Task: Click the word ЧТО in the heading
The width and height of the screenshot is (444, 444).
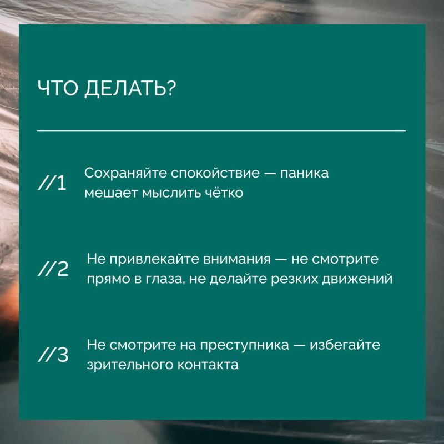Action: coord(58,88)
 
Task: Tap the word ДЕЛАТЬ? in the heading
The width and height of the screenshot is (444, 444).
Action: coord(130,89)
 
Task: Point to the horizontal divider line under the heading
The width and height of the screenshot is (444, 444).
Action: coord(221,131)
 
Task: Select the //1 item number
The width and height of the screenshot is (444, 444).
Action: coord(52,183)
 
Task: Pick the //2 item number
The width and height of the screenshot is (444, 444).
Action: coord(53,269)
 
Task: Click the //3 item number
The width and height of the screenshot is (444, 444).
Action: coord(53,355)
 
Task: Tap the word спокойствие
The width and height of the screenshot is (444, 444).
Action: coord(215,174)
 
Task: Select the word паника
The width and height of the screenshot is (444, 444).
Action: coord(304,173)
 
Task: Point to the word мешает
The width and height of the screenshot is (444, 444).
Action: coord(111,193)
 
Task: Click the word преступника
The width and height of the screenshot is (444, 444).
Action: coord(244,345)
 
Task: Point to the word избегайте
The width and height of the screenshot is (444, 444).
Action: coord(345,345)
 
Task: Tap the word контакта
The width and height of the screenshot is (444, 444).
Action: coord(208,365)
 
